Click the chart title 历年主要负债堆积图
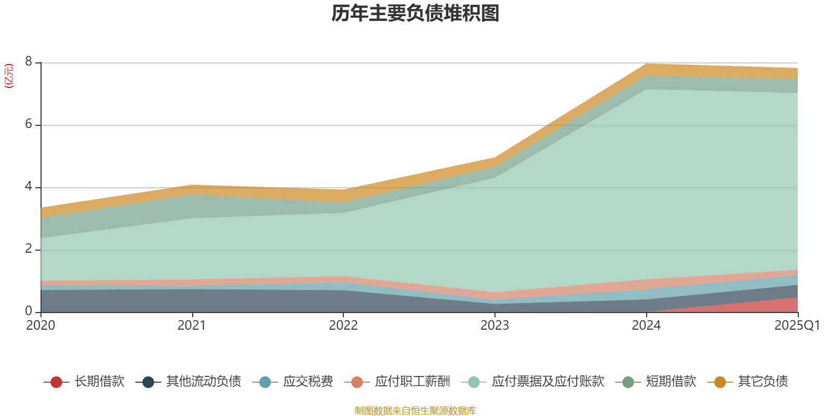(x=415, y=14)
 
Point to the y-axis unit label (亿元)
(x=9, y=76)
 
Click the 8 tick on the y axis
(x=29, y=62)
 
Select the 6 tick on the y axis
(x=29, y=124)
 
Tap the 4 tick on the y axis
(x=29, y=187)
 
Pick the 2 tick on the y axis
(x=29, y=249)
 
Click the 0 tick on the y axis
(x=29, y=311)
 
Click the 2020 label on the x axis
(x=41, y=326)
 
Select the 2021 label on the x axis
(x=192, y=326)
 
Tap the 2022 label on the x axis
(x=343, y=326)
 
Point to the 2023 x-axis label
(x=494, y=326)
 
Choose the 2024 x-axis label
(x=646, y=326)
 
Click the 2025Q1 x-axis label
(x=797, y=326)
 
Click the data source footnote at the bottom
(x=415, y=411)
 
